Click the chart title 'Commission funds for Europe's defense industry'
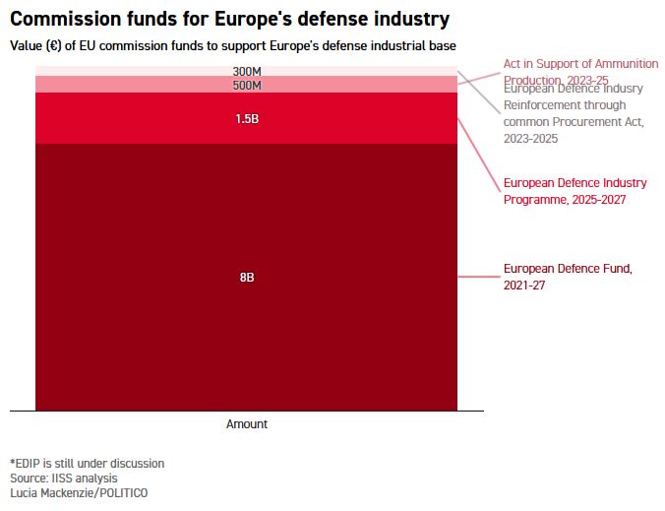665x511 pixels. [230, 19]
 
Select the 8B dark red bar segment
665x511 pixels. [148, 295]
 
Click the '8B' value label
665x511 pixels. [247, 278]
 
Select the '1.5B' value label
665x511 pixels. [247, 119]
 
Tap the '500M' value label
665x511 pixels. [247, 85]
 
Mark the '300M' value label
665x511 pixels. [247, 72]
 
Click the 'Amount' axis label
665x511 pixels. [247, 424]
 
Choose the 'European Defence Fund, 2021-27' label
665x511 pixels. [567, 277]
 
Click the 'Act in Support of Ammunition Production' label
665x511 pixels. [580, 64]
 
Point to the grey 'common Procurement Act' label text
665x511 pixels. [574, 122]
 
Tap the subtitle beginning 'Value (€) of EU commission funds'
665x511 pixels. [233, 46]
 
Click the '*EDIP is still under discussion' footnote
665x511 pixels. [88, 463]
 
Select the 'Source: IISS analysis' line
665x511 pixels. [63, 478]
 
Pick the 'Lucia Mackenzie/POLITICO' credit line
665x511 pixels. [79, 492]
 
